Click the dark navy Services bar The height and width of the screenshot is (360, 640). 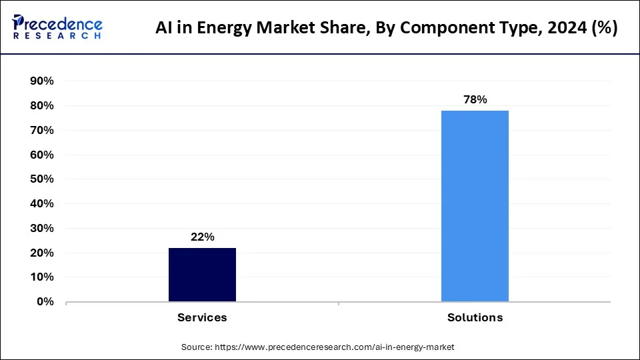click(202, 275)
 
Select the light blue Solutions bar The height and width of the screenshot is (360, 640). click(475, 206)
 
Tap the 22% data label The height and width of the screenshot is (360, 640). click(202, 237)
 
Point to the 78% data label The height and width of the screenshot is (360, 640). click(475, 99)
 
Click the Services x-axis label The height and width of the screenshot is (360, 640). click(202, 317)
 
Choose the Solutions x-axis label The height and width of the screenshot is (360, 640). click(475, 317)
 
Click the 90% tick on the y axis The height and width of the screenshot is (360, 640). click(41, 81)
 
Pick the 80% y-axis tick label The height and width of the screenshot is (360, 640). click(41, 106)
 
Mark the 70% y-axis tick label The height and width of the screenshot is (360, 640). click(41, 131)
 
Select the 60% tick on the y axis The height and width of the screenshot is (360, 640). click(41, 155)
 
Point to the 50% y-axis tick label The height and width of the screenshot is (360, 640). click(41, 179)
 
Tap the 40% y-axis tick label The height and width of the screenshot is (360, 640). click(41, 204)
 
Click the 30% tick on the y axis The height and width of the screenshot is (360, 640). click(41, 229)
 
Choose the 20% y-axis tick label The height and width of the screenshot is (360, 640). click(41, 253)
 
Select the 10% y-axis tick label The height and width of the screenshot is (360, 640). click(41, 277)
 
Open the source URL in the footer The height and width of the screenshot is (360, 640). click(333, 347)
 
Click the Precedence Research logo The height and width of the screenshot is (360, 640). click(57, 27)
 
